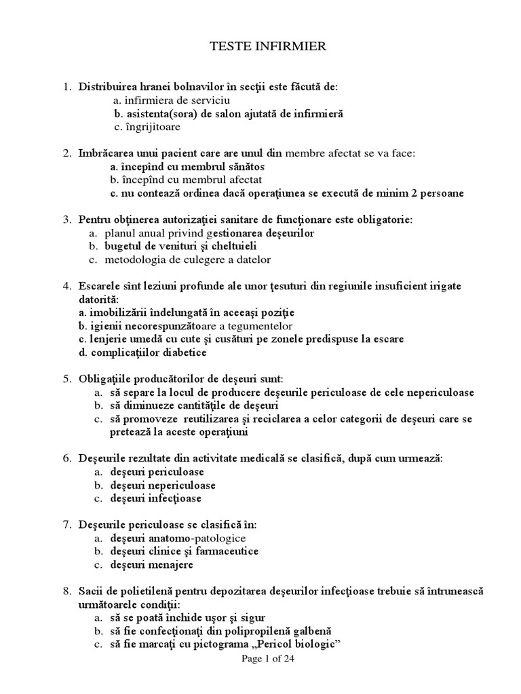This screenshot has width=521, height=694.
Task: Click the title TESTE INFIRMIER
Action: (x=260, y=46)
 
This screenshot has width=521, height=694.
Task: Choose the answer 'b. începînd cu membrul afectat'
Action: (x=186, y=180)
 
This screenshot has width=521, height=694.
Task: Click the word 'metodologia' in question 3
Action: (x=135, y=260)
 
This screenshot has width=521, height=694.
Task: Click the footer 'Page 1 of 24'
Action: (x=268, y=658)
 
